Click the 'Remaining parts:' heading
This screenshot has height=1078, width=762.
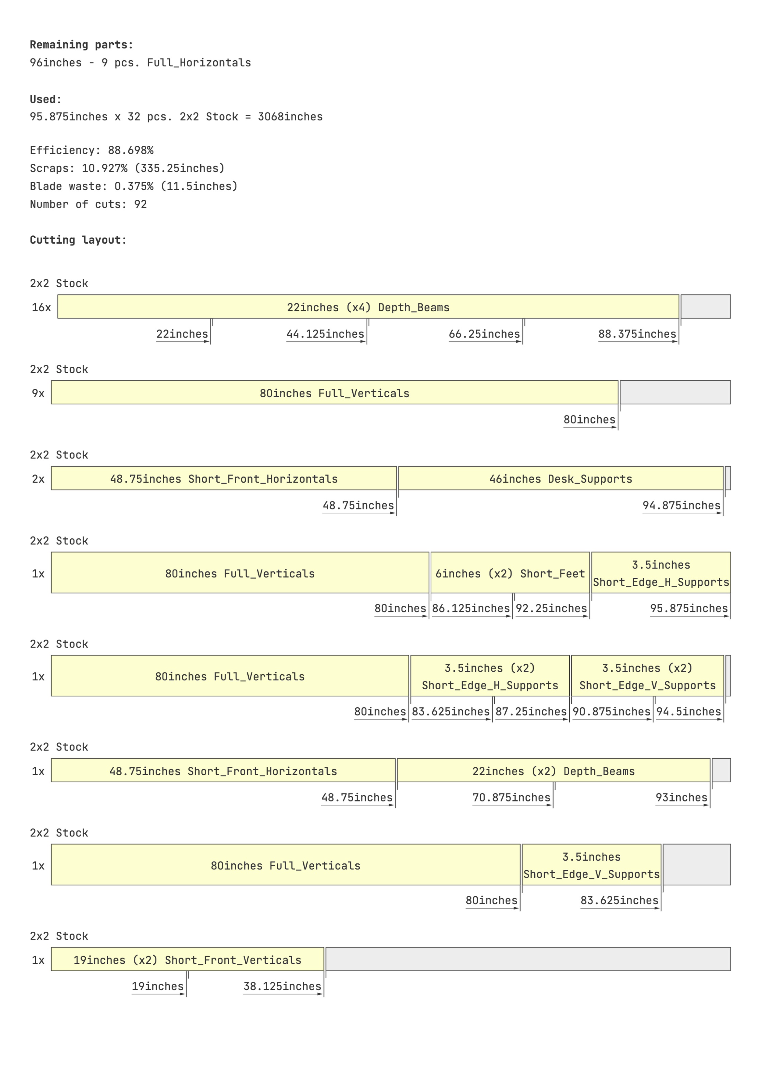(x=81, y=45)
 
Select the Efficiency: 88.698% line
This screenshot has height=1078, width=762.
(x=91, y=150)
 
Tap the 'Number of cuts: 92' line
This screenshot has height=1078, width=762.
(x=88, y=204)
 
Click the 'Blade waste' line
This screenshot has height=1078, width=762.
(x=133, y=186)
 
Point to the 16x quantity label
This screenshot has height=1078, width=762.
(x=41, y=308)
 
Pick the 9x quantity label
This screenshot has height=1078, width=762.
(x=38, y=394)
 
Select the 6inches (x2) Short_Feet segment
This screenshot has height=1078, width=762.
(x=510, y=573)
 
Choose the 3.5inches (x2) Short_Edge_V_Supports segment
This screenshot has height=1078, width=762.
(x=647, y=676)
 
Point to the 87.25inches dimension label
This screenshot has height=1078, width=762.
(x=531, y=712)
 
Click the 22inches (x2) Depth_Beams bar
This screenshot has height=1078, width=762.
(x=553, y=771)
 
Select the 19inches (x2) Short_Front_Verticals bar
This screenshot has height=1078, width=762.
(x=187, y=960)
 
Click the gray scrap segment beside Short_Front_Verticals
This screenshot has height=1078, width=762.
(x=528, y=959)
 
